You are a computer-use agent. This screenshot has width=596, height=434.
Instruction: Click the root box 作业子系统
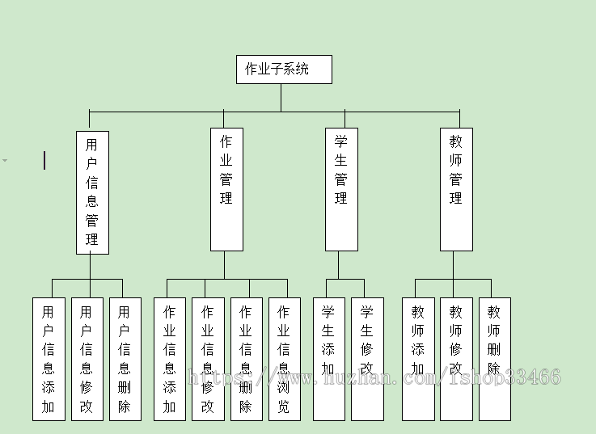point(284,70)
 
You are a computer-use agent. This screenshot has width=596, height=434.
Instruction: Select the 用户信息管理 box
point(92,192)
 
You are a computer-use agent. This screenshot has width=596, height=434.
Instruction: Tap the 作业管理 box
point(226,189)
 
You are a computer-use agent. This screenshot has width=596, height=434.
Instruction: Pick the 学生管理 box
point(341,189)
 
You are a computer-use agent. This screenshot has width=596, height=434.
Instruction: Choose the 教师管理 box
point(456,189)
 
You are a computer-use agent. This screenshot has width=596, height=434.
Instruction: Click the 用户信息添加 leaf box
point(49,359)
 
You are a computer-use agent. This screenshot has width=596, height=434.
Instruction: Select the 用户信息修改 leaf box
point(87,359)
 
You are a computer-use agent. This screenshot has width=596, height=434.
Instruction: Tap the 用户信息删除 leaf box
point(125,359)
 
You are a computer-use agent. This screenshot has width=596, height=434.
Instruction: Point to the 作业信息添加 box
point(170,359)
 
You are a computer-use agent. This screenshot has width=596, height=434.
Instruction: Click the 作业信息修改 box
point(208,359)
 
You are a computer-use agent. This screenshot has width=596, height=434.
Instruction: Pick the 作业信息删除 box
point(246,359)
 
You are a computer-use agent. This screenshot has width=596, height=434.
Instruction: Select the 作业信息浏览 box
point(284,359)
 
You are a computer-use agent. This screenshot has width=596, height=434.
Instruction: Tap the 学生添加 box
point(328,359)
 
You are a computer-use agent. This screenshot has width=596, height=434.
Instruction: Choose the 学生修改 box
point(367,359)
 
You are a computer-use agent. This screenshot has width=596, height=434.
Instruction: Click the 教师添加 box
point(418,359)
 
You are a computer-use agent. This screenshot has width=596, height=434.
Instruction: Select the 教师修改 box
point(456,359)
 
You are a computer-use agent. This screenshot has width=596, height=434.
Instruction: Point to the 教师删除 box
point(494,359)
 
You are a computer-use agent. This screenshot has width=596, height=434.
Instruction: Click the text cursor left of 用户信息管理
point(44,161)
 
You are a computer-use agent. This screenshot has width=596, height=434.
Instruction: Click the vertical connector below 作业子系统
point(281,97)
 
